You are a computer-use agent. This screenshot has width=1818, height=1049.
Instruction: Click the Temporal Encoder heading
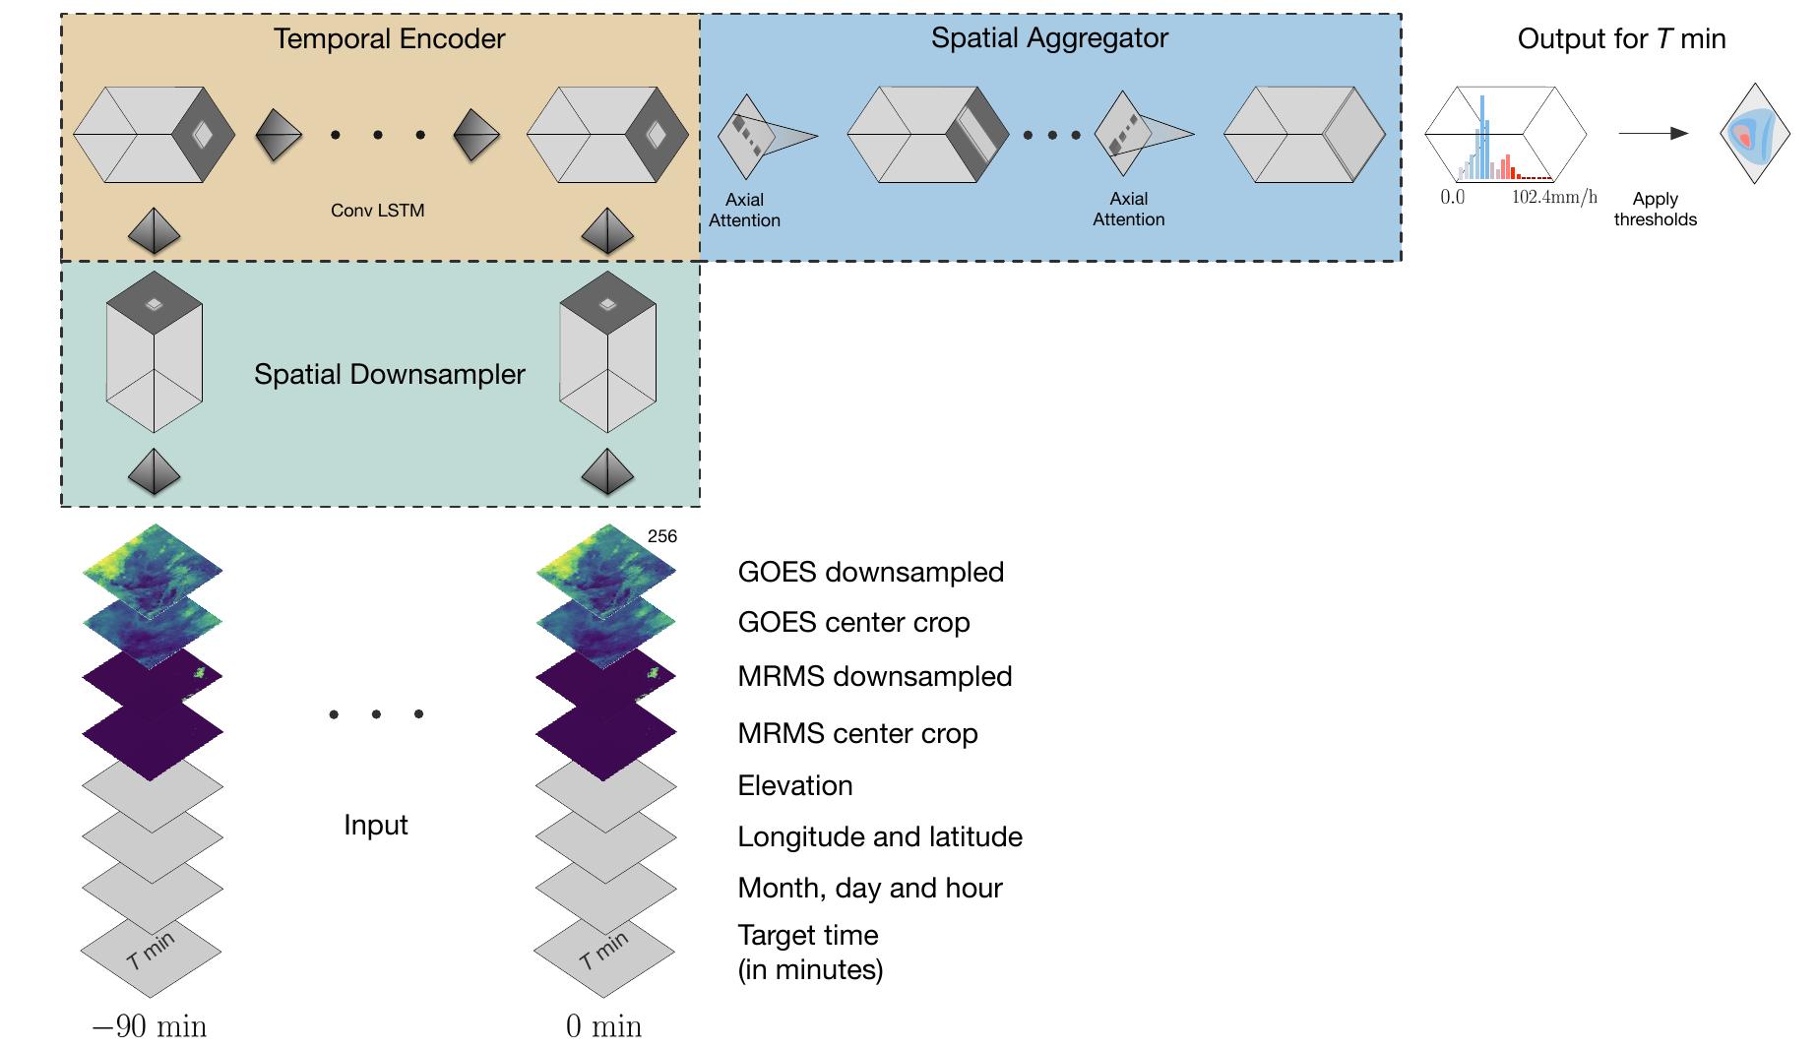(389, 39)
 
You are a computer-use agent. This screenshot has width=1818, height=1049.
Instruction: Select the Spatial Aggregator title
(1049, 38)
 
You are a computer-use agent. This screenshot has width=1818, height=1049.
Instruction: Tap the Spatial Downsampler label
(389, 374)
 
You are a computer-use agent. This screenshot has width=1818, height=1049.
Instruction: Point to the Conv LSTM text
(377, 211)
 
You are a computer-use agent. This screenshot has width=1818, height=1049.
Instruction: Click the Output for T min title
(1621, 39)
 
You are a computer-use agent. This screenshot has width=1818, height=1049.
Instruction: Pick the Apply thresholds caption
(1655, 210)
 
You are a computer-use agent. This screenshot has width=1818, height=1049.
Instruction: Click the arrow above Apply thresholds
(1653, 134)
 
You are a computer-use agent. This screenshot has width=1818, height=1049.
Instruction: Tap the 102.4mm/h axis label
(1554, 197)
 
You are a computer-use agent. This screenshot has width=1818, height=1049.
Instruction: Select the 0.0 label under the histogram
(1452, 197)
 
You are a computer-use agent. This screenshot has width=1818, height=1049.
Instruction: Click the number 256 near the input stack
(662, 536)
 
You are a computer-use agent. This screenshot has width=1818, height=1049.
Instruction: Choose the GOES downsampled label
(870, 572)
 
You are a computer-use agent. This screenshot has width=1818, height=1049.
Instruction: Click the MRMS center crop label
(857, 733)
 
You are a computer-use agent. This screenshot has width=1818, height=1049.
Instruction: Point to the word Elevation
(794, 785)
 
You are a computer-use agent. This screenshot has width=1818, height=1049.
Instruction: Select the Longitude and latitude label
(879, 836)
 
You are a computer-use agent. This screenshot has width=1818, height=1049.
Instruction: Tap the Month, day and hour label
(869, 888)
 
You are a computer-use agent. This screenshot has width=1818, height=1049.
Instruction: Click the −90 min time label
(150, 1026)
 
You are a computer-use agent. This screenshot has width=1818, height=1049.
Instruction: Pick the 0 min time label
(603, 1026)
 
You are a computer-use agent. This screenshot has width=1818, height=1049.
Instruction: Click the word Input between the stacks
(375, 825)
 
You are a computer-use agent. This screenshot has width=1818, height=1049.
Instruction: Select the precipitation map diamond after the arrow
(1753, 134)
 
